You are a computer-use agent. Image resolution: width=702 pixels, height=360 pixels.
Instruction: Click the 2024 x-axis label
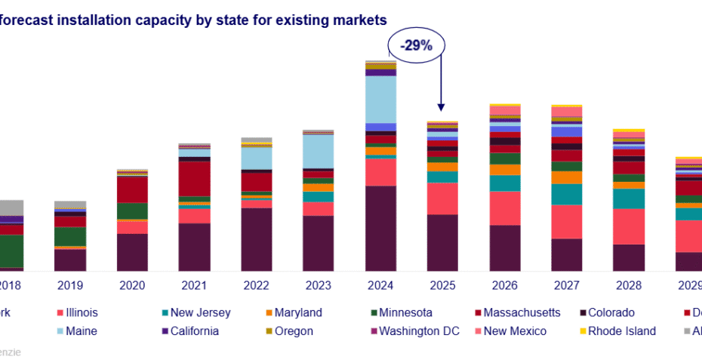pos(380,285)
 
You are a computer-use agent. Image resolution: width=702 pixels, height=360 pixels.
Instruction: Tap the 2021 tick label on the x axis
pos(193,285)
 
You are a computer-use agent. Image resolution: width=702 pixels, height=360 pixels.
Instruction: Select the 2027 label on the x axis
pos(566,285)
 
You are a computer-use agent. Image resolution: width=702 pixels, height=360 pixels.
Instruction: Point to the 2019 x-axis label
pos(69,285)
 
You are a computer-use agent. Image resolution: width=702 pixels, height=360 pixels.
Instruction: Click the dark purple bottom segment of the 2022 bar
pos(256,239)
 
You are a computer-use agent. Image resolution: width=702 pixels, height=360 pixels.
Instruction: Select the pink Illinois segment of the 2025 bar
pos(442,198)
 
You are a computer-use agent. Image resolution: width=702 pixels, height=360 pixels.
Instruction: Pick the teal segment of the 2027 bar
pos(566,195)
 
